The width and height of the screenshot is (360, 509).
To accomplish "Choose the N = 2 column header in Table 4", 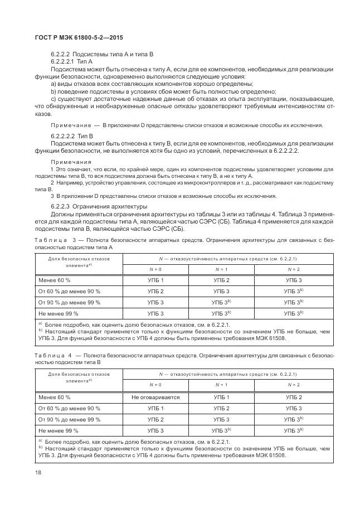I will pos(293,385).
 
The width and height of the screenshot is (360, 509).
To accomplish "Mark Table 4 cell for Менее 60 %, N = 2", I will pos(293,397).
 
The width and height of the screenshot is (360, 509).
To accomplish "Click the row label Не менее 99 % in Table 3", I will pos(58,314).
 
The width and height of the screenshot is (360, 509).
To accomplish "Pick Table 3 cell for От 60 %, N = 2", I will pos(293,291).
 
